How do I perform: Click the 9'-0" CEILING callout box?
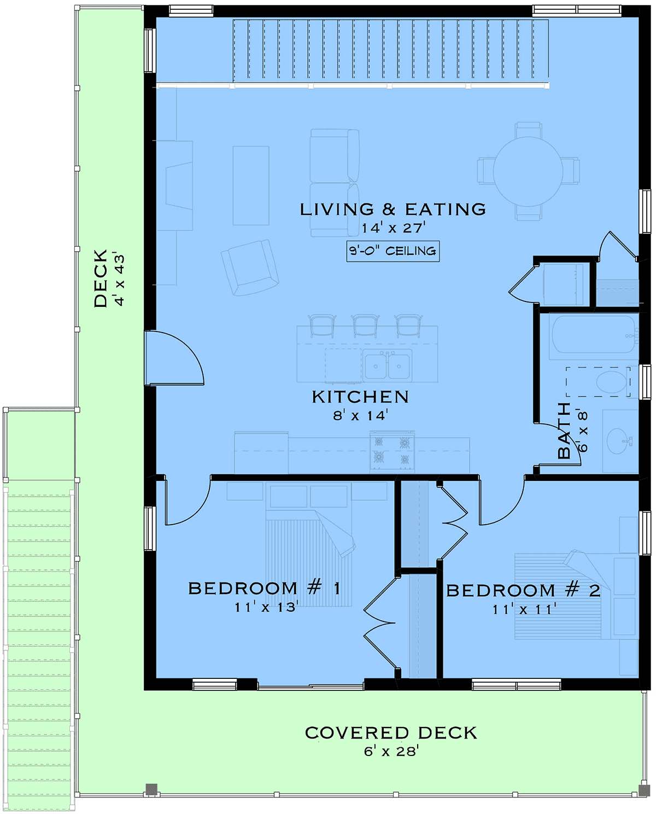393,251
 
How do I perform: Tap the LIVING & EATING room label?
393,210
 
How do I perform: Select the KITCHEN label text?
360,397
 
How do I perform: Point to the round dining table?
528,171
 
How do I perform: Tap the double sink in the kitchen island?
387,365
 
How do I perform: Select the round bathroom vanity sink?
620,441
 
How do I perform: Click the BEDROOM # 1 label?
265,589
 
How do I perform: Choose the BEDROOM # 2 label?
523,591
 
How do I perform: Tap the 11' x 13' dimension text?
267,607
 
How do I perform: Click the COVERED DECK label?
391,733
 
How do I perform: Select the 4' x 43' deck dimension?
119,280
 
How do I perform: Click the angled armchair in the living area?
250,268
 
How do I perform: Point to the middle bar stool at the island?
365,326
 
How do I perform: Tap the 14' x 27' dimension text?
394,228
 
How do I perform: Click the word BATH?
564,431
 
